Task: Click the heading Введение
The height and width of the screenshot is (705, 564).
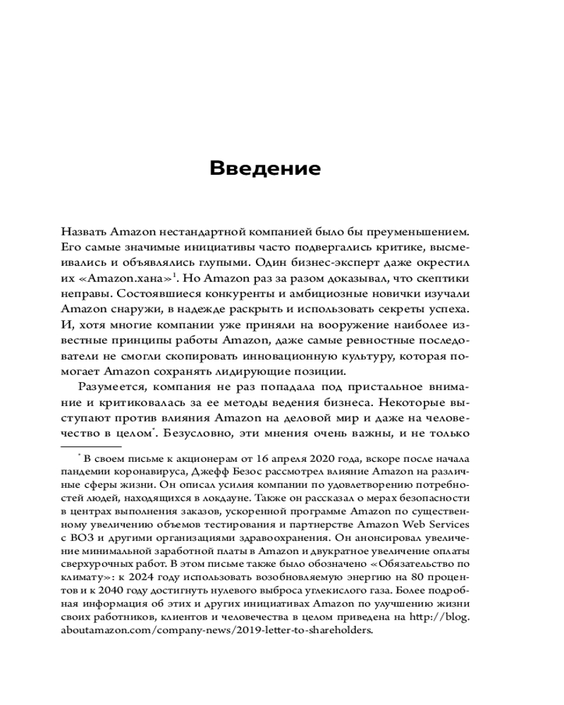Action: point(265,169)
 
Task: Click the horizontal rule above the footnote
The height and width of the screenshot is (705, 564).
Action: point(92,446)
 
